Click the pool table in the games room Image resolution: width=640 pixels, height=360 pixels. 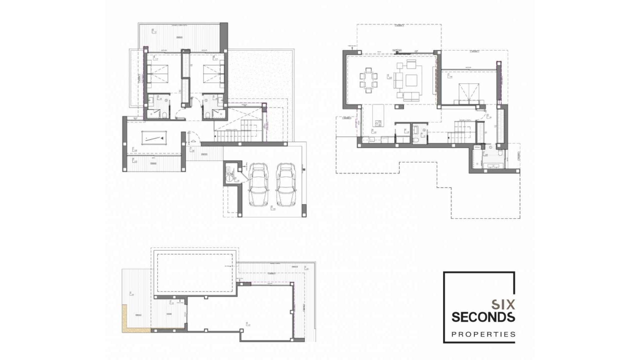click(154, 138)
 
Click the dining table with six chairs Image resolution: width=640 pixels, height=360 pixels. click(368, 80)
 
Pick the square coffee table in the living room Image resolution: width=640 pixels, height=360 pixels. click(411, 80)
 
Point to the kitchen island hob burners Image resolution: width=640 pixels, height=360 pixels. click(378, 124)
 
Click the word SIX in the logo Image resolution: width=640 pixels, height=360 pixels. click(503, 304)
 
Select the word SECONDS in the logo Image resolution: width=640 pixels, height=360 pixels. click(483, 317)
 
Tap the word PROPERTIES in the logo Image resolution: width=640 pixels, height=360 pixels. click(483, 334)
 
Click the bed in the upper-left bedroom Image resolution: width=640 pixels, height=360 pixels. click(158, 74)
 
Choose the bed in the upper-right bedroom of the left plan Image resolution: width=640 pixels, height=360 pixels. click(213, 74)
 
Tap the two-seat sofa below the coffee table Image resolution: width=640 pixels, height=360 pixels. click(411, 97)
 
